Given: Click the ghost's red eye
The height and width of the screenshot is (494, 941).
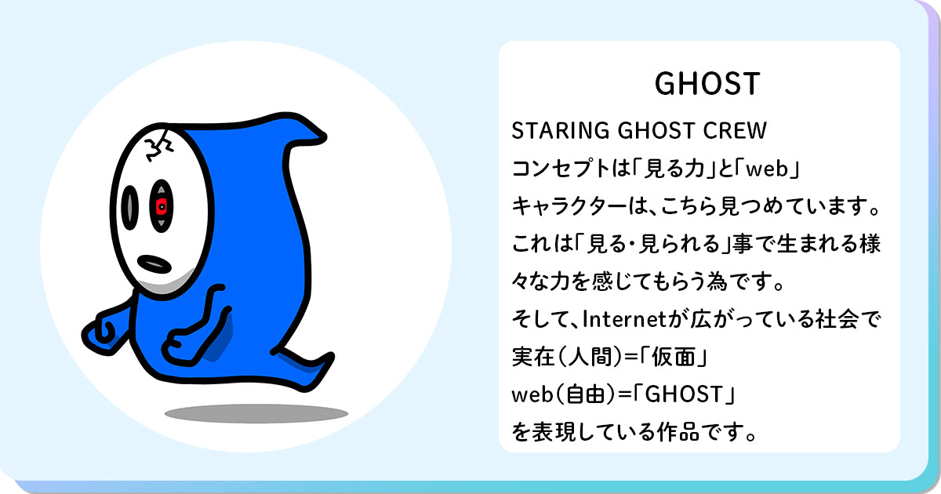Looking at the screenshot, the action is point(162,205).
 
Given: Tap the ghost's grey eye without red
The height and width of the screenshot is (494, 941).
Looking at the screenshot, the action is point(130,208).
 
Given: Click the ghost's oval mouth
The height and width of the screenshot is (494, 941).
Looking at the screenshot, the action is point(154,264).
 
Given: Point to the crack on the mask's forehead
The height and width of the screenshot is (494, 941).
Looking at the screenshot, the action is point(158,145).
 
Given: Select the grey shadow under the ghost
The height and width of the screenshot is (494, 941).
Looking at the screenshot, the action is point(256,413).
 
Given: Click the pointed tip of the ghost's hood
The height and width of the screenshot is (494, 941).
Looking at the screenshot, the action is point(325,136).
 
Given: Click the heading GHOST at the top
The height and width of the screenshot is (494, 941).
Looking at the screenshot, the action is point(707,84).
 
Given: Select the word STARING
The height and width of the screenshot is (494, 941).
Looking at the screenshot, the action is point(561,130).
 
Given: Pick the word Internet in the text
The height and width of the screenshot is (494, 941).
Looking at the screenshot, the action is point(624,319).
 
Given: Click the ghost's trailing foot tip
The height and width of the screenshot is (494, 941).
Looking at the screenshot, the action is point(330,357).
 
